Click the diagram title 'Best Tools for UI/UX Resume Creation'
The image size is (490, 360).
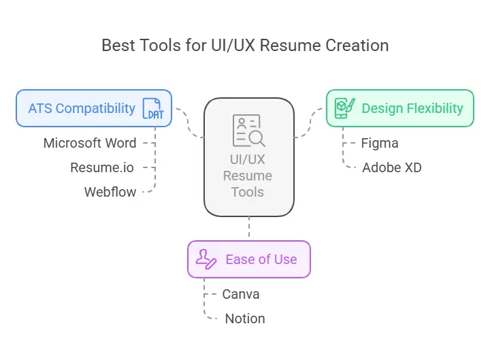click(x=245, y=46)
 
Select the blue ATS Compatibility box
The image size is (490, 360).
click(x=94, y=108)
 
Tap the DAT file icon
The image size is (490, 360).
click(x=152, y=109)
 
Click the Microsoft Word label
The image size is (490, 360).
click(x=90, y=143)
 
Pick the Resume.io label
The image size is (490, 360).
click(x=103, y=167)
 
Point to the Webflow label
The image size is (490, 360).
click(x=110, y=192)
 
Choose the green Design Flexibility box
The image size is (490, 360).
click(x=399, y=108)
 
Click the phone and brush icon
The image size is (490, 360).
click(x=345, y=108)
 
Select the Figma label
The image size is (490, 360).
click(x=380, y=143)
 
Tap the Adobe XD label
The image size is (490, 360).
click(x=391, y=167)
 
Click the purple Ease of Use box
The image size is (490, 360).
click(x=248, y=259)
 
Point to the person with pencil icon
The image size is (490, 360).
click(x=206, y=259)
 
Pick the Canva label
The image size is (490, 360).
click(x=241, y=294)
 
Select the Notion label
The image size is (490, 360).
click(x=244, y=318)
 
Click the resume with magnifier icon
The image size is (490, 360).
click(x=248, y=130)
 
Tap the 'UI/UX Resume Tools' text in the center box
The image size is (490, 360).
click(x=248, y=176)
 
